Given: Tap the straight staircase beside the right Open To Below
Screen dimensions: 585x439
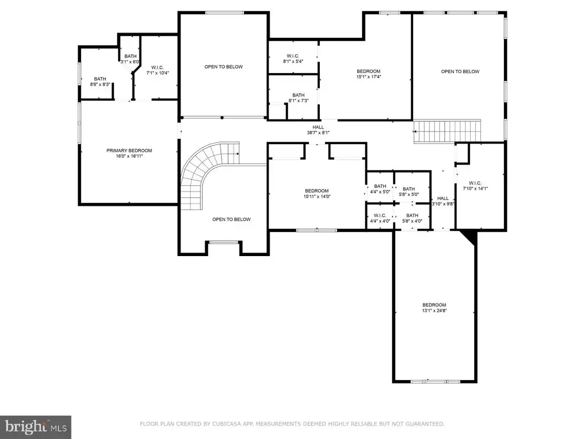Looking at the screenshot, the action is point(447,131).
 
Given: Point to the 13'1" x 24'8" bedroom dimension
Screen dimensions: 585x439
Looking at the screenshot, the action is point(434,310).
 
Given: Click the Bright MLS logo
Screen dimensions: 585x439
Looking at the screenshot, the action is point(35,427).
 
